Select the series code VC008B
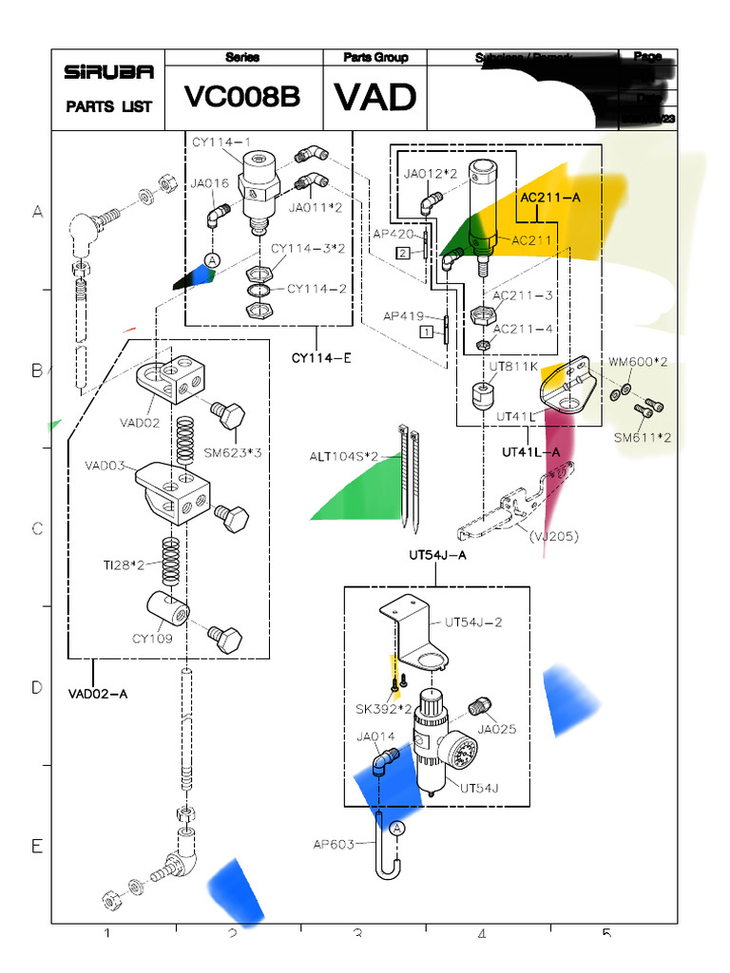pos(242,97)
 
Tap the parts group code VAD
pos(375,97)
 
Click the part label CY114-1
pos(221,143)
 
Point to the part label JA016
pos(208,184)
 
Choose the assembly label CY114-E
pos(321,357)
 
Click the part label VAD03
pos(104,466)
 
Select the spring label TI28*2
pos(125,565)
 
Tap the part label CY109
pos(152,639)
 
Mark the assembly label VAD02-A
pos(97,693)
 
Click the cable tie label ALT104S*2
pos(342,457)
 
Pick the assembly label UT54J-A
pos(437,555)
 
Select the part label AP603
pos(333,844)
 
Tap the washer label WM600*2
pos(638,362)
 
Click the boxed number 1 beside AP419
pos(428,332)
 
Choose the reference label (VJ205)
pos(553,536)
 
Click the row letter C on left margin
pos(37,529)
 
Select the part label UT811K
pos(513,365)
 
